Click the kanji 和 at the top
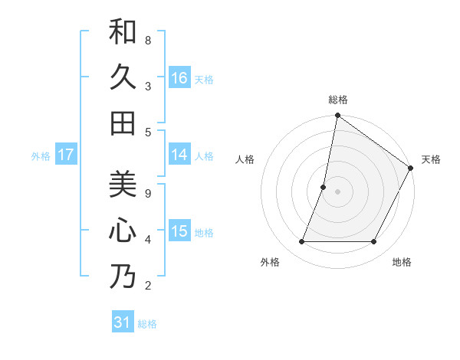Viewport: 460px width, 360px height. click(123, 32)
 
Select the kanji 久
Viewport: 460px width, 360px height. click(123, 77)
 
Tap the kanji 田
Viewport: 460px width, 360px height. click(123, 123)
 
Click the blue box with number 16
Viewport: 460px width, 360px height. click(179, 77)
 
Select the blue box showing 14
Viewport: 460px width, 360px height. click(179, 155)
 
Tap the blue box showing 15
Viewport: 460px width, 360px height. click(179, 231)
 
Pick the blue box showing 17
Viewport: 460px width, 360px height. click(65, 155)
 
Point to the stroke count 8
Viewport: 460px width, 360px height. click(148, 40)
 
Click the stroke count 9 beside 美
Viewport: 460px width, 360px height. click(148, 193)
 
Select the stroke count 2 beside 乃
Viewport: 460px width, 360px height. click(148, 286)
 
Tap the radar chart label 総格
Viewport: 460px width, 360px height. click(338, 100)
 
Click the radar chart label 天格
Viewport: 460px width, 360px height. click(431, 159)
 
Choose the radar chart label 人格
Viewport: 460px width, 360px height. click(245, 159)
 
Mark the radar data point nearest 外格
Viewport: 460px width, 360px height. click(302, 242)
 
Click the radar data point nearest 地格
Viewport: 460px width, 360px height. click(374, 242)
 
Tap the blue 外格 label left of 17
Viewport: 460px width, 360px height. click(41, 156)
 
